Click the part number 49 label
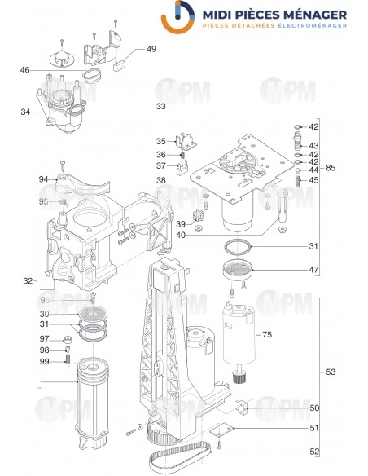tap(151, 49)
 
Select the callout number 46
tap(25, 70)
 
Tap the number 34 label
tap(25, 112)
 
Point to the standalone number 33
tap(160, 107)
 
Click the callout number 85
tap(330, 168)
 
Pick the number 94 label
tap(43, 178)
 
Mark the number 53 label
tap(330, 372)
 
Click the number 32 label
tap(28, 281)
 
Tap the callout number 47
tap(313, 268)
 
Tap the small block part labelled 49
tap(122, 56)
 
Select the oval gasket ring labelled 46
tap(91, 76)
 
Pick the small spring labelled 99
tap(68, 361)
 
